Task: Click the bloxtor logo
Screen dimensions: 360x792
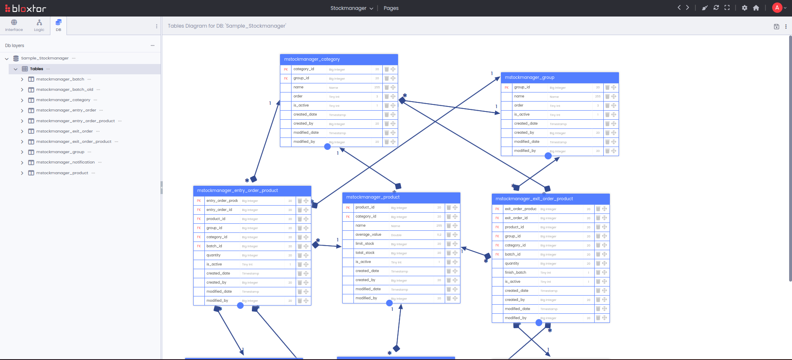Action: point(26,8)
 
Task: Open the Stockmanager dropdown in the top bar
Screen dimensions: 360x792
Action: point(351,8)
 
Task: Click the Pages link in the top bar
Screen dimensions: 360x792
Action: point(391,8)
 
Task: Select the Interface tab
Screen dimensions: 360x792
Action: point(14,25)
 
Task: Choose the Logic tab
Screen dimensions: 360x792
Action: point(39,25)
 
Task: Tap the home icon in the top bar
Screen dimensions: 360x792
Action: point(756,8)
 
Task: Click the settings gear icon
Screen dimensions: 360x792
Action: point(745,8)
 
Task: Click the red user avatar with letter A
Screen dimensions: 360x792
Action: point(777,8)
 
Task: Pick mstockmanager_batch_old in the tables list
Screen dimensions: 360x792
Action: point(64,90)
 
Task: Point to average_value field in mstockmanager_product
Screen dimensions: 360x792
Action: point(368,234)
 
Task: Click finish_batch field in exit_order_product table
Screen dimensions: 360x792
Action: point(515,272)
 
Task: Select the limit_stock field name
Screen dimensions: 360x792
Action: point(365,244)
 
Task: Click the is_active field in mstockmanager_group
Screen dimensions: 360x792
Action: point(522,114)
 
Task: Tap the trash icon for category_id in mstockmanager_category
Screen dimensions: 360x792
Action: point(387,69)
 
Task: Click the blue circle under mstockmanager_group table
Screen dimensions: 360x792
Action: point(548,156)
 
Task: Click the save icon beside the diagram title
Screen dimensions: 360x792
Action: point(776,26)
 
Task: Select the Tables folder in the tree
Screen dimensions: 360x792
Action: point(36,69)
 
